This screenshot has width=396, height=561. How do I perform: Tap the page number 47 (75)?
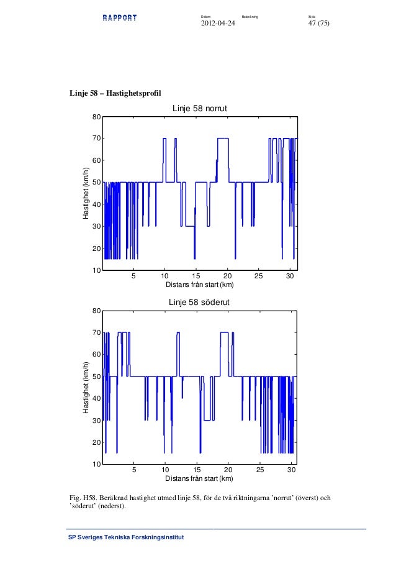pos(318,24)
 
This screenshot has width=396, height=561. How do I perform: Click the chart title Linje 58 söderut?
pos(199,302)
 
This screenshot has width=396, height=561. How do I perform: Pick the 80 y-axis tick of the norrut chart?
pos(96,117)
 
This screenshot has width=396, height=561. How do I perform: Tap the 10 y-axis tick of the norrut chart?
pos(96,270)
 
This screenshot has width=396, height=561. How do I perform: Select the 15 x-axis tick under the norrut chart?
pos(196,276)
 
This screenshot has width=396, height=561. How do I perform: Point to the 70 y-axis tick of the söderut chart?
pos(96,333)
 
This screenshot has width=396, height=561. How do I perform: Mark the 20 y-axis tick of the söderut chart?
pos(96,442)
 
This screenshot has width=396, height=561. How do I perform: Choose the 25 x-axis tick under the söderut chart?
pos(260,470)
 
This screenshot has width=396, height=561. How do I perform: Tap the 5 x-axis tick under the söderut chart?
pos(133,470)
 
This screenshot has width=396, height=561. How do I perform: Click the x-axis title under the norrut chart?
pos(199,285)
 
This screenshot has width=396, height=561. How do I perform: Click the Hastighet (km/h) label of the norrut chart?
pos(86,193)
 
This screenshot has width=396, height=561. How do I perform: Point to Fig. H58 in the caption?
pos(83,498)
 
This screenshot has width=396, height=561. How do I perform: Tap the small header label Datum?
pos(206,16)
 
